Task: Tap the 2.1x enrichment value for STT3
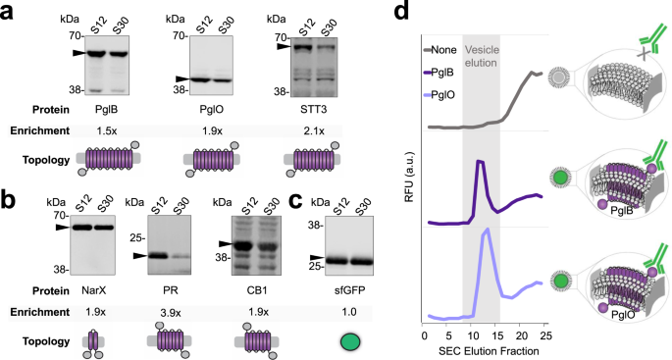308,129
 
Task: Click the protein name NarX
90,288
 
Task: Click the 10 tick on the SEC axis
470,334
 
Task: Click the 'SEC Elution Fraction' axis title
480,350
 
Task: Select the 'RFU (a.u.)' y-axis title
408,186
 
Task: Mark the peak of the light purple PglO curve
487,231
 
